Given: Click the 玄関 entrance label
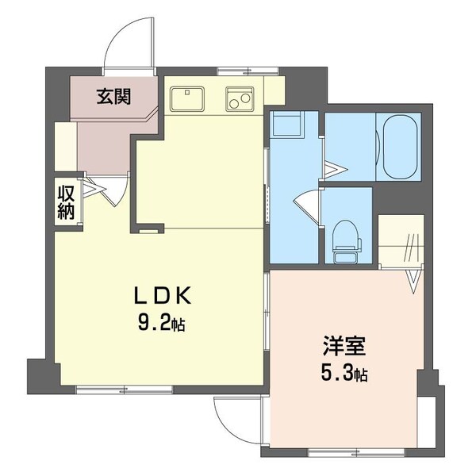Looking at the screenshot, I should (x=114, y=97).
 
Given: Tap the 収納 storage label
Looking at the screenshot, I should (x=65, y=202).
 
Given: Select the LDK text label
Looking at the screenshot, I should (x=162, y=297).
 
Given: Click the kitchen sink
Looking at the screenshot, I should (x=187, y=99).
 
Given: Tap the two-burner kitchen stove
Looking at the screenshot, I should (x=240, y=99).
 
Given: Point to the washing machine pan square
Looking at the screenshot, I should (x=285, y=126).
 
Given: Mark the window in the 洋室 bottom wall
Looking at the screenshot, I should (x=340, y=453).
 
